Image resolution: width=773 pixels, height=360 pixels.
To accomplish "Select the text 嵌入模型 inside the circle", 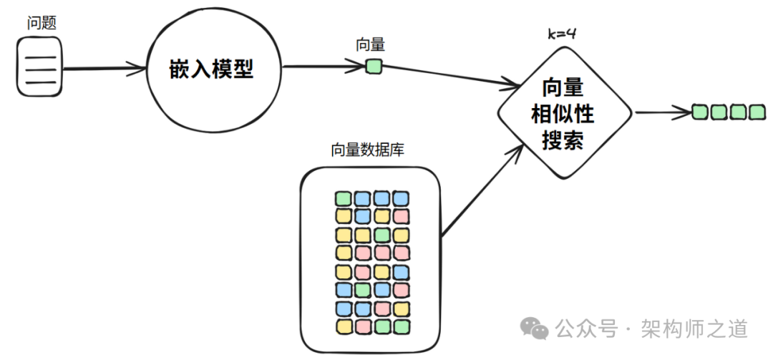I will pos(211,69).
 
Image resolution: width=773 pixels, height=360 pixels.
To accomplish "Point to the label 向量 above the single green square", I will pos(370,45).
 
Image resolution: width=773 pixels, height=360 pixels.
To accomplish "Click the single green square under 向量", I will pos(374,67).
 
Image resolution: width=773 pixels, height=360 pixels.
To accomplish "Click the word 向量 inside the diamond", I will pos(563,89).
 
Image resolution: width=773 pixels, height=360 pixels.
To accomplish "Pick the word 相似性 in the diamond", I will pos(563,114).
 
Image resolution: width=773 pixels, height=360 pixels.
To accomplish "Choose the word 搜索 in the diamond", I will pos(563,139).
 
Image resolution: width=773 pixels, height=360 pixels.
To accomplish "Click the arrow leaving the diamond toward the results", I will pos(662,112).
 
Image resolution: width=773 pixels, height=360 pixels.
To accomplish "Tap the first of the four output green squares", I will pos(700,112).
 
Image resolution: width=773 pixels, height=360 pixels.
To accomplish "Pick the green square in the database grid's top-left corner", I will pos(344,198).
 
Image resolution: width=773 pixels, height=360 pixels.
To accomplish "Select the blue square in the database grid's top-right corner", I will pos(401,198).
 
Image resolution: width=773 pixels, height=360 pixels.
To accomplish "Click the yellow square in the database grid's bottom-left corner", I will pos(344,326).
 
